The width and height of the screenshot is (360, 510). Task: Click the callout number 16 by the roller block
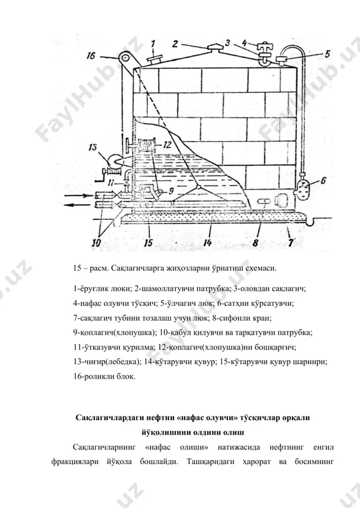[x=90, y=55]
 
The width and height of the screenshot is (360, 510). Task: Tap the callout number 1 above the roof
[x=153, y=43]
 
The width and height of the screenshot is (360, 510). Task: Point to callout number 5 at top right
[x=327, y=54]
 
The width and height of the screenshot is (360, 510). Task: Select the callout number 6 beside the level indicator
[x=323, y=180]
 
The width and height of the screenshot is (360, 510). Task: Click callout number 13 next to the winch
[x=92, y=147]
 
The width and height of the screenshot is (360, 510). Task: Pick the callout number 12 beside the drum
[x=167, y=144]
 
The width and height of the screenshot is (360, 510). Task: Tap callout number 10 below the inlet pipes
[x=97, y=242]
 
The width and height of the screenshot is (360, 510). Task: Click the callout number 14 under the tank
[x=208, y=242]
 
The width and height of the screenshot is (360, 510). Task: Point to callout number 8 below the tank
[x=256, y=242]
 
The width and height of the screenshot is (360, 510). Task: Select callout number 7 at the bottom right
[x=291, y=242]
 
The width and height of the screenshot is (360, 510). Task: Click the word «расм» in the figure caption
[x=96, y=268]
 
